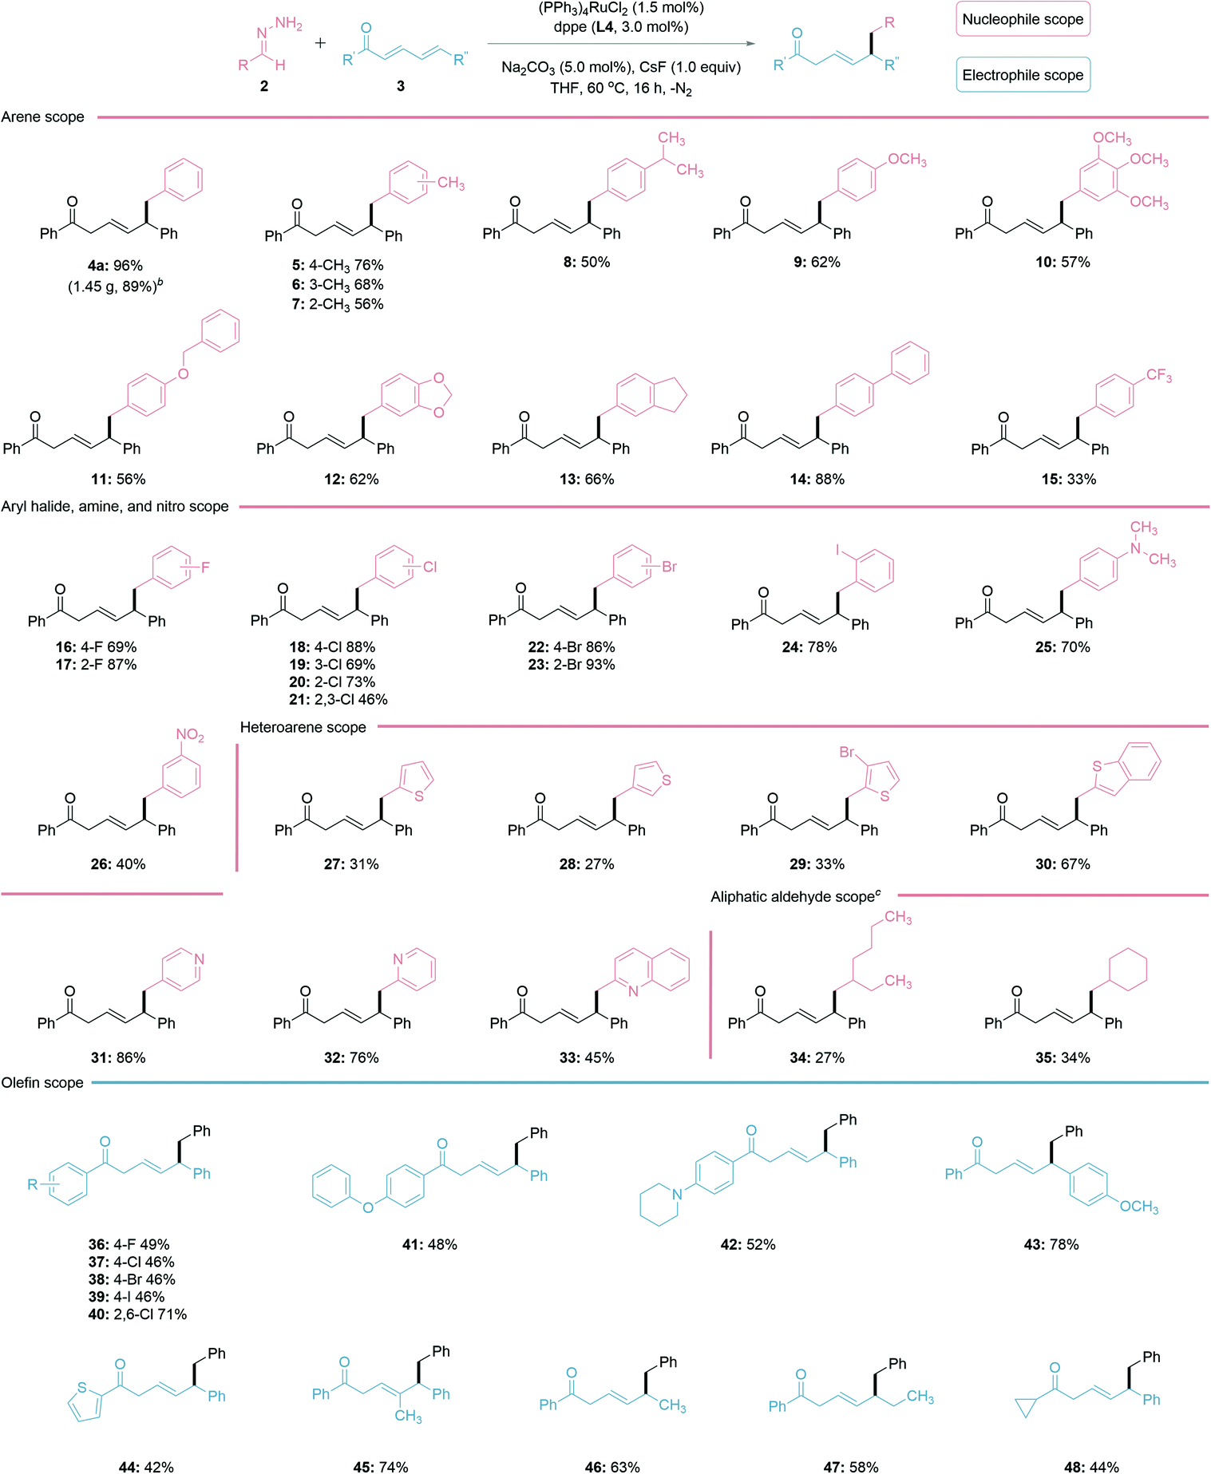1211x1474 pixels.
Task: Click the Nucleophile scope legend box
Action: tap(1023, 19)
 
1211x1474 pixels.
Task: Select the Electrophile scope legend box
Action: tap(1023, 75)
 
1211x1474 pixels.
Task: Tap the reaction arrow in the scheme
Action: tap(621, 44)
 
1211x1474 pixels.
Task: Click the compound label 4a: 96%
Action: tap(116, 265)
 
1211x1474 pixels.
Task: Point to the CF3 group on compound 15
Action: tap(1158, 375)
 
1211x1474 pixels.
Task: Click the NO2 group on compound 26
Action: tap(190, 735)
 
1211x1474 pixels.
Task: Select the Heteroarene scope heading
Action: tap(303, 727)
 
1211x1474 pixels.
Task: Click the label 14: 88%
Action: tap(817, 479)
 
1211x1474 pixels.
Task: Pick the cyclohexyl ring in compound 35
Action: tap(1125, 970)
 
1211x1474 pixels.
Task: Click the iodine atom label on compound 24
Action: tap(838, 550)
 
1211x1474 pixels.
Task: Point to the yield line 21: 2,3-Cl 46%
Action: tap(338, 699)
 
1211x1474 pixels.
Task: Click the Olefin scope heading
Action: tap(42, 1082)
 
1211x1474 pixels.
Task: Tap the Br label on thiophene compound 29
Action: tap(847, 752)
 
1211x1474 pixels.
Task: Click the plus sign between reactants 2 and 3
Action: tap(320, 42)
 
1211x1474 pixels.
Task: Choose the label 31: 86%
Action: tap(118, 1057)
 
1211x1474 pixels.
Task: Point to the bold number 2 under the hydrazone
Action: tap(264, 85)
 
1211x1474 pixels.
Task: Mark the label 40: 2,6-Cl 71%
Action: tap(137, 1314)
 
